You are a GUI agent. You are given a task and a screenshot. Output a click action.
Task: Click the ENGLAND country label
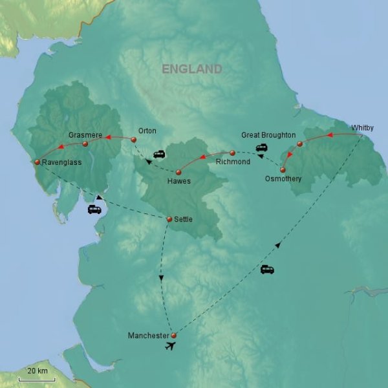(x=192, y=69)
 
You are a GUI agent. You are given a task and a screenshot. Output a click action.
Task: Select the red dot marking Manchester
(x=173, y=335)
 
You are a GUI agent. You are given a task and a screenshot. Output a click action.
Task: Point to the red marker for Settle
(x=169, y=220)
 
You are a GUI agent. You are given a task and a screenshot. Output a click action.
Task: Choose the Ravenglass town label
(x=61, y=162)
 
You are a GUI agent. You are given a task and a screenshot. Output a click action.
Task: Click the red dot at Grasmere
(x=85, y=144)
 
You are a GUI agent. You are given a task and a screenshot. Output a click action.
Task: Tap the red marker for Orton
(x=133, y=140)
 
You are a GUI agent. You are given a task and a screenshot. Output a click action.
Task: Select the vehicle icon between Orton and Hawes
(x=158, y=155)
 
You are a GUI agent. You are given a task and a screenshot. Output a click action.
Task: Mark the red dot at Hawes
(x=178, y=171)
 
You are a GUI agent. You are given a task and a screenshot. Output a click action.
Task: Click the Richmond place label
(x=233, y=162)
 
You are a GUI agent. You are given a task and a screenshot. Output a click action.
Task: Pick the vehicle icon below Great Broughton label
(x=262, y=147)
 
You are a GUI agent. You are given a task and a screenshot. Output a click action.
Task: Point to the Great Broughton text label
(x=268, y=135)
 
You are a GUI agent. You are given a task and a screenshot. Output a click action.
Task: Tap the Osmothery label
(x=283, y=178)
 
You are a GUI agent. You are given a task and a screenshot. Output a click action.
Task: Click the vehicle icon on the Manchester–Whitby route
(x=266, y=269)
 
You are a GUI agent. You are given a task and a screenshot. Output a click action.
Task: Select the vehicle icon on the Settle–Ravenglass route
(x=94, y=210)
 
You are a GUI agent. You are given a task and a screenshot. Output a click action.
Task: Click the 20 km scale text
(x=38, y=371)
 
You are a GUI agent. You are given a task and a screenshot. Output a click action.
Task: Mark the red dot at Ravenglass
(x=37, y=162)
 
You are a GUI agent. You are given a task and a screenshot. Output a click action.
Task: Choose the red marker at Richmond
(x=233, y=153)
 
